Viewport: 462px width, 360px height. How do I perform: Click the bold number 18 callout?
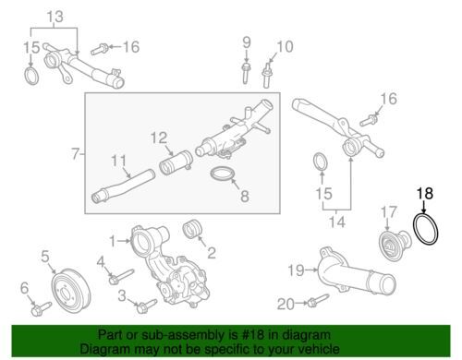pyautogui.click(x=425, y=193)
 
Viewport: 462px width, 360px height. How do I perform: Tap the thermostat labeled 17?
pyautogui.click(x=395, y=243)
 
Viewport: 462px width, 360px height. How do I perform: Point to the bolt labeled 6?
pyautogui.click(x=42, y=308)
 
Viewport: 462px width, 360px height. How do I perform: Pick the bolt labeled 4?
pyautogui.click(x=122, y=276)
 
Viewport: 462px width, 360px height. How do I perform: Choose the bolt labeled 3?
pyautogui.click(x=147, y=306)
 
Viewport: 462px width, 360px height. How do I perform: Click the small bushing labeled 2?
pyautogui.click(x=192, y=229)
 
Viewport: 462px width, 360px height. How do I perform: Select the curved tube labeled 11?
pyautogui.click(x=123, y=184)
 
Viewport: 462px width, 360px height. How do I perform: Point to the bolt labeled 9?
pyautogui.click(x=246, y=73)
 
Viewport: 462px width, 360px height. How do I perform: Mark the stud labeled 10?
pyautogui.click(x=266, y=76)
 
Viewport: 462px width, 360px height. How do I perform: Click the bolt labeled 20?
pyautogui.click(x=318, y=300)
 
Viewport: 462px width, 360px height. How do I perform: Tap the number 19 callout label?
pyautogui.click(x=297, y=270)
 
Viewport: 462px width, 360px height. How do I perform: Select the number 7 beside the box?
pyautogui.click(x=76, y=153)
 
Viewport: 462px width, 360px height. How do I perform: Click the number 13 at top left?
pyautogui.click(x=55, y=17)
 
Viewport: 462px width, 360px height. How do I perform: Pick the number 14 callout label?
pyautogui.click(x=337, y=222)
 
